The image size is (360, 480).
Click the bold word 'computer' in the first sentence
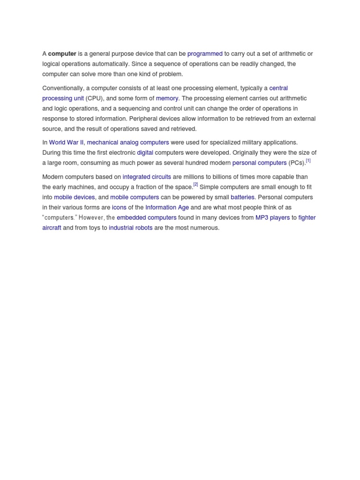click(x=62, y=54)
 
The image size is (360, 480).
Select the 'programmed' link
click(x=205, y=54)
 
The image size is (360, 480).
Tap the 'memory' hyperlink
click(x=167, y=98)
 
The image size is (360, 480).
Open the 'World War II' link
click(x=66, y=142)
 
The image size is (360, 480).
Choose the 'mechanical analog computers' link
click(x=128, y=142)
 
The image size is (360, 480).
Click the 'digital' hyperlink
click(x=145, y=153)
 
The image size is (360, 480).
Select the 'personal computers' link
click(x=259, y=163)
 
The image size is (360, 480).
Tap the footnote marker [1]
click(x=308, y=161)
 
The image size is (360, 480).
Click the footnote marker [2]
click(x=195, y=185)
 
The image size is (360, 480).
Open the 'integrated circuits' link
click(x=147, y=177)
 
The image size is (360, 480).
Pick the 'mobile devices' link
click(x=74, y=197)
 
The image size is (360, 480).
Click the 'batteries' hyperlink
click(x=242, y=197)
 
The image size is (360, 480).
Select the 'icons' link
click(x=119, y=207)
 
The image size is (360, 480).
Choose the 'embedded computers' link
click(x=147, y=217)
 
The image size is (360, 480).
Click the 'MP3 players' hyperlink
click(x=272, y=217)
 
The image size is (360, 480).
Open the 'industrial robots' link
click(x=130, y=228)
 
